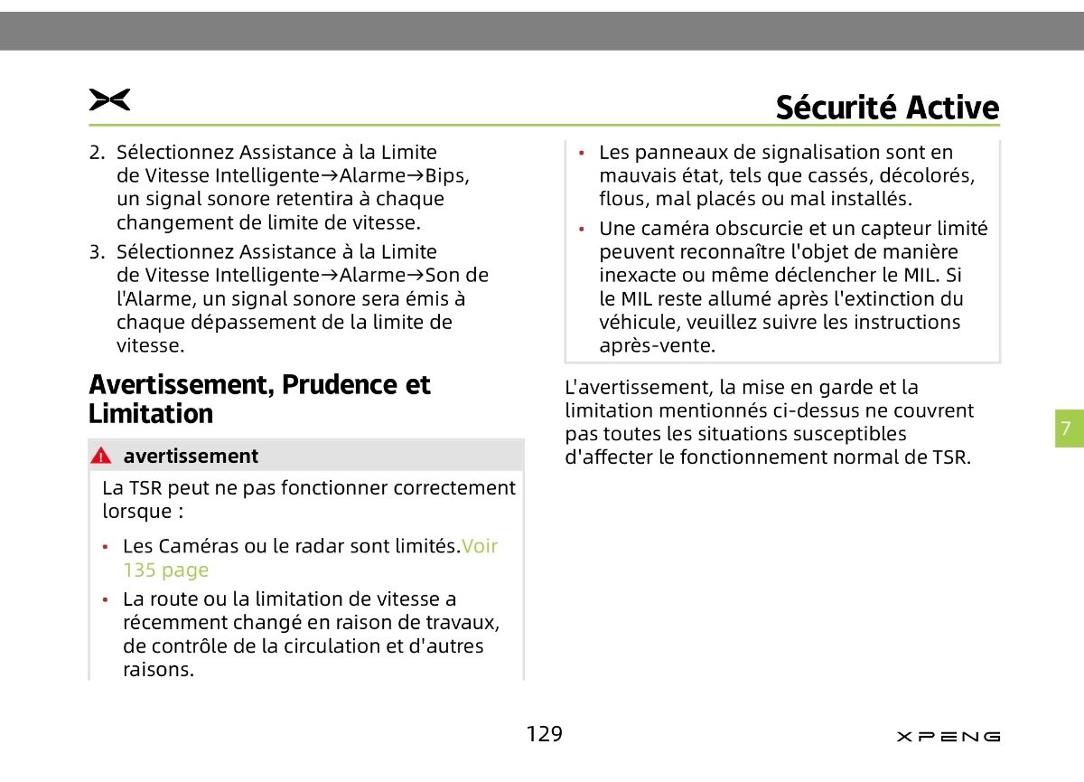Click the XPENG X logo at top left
point(109,100)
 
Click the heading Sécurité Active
point(887,108)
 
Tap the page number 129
point(544,734)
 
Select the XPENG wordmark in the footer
point(948,737)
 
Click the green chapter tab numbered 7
point(1066,429)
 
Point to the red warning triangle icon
point(100,457)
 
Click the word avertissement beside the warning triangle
point(191,457)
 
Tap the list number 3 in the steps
point(96,252)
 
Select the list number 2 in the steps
point(96,153)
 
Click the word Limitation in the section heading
point(151,415)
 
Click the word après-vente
point(657,345)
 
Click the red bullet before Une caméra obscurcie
point(584,230)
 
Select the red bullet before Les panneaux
point(584,153)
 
